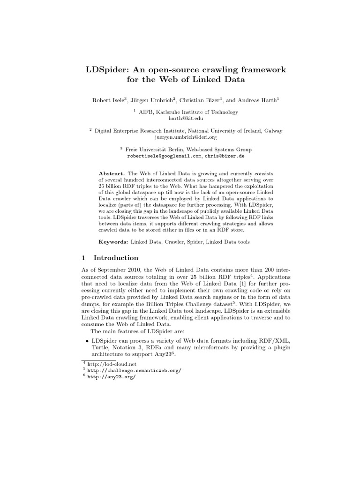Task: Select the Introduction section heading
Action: pyautogui.click(x=116, y=258)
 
